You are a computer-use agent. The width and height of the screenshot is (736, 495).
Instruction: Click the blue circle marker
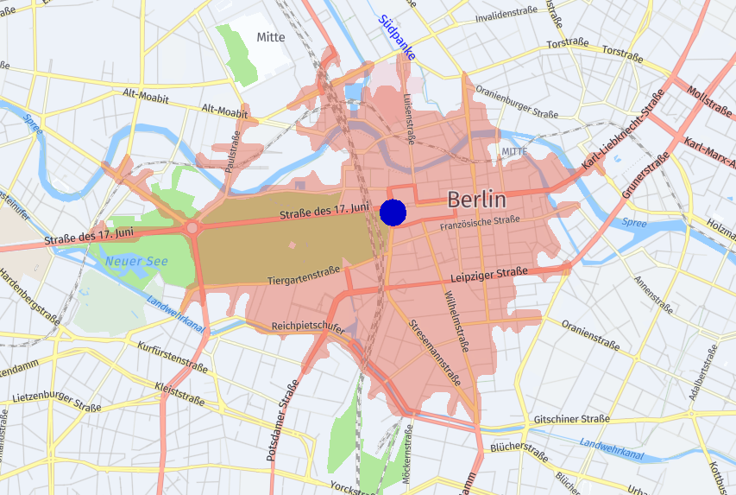tap(393, 212)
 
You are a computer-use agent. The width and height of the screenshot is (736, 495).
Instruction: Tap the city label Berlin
tap(476, 200)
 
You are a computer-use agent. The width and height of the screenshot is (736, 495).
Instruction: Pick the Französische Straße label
tap(480, 222)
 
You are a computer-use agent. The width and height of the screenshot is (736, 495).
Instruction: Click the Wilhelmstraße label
tap(456, 321)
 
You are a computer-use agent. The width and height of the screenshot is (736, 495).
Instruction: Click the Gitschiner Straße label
tap(571, 419)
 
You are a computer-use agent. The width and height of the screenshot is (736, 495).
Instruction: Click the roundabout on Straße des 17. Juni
tap(192, 228)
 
